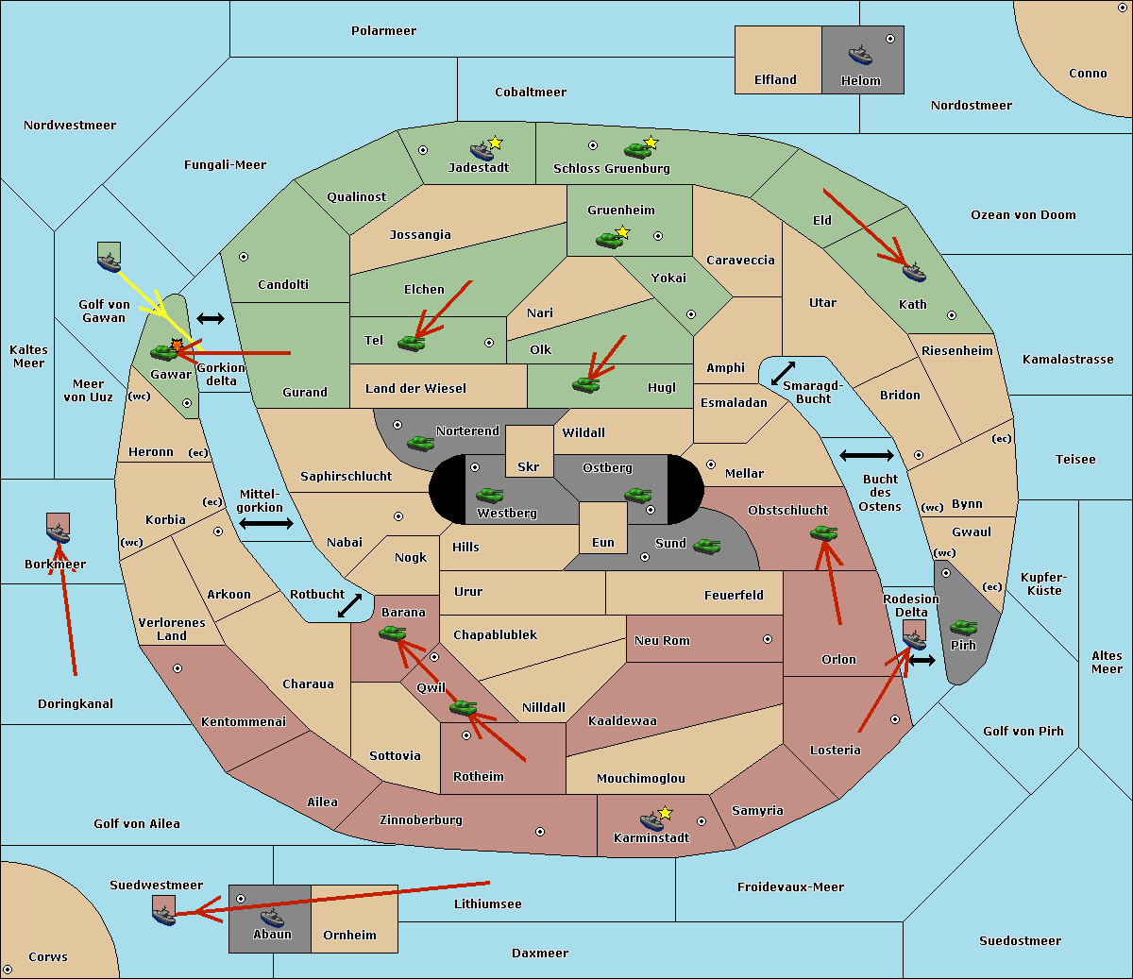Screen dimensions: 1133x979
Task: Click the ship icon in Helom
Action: (x=860, y=55)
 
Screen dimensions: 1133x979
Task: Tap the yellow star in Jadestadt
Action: (x=495, y=143)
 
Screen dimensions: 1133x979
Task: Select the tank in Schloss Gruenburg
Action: (x=637, y=149)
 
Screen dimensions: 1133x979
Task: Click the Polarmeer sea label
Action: (x=383, y=31)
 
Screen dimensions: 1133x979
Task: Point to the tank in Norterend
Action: (x=420, y=443)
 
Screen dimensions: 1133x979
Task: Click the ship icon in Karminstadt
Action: (x=651, y=821)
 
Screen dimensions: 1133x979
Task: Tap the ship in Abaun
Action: (x=272, y=917)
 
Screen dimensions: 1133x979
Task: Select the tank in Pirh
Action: (x=963, y=627)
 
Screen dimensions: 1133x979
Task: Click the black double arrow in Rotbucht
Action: (x=349, y=605)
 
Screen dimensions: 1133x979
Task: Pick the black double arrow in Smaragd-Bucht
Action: (x=783, y=373)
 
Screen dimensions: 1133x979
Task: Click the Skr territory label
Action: (x=529, y=466)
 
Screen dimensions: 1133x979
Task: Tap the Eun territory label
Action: (x=603, y=542)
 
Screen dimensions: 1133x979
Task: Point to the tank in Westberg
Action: (x=489, y=495)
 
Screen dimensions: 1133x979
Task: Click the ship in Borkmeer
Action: (x=58, y=532)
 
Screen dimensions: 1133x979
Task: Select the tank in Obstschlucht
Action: (x=824, y=532)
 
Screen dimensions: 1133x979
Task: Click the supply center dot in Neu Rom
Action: (x=768, y=639)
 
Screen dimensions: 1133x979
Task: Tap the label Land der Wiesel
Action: (x=415, y=389)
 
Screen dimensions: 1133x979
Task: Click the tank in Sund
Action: (x=706, y=546)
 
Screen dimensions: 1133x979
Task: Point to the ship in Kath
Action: (x=914, y=272)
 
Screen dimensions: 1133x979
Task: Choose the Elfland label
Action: (x=775, y=80)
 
